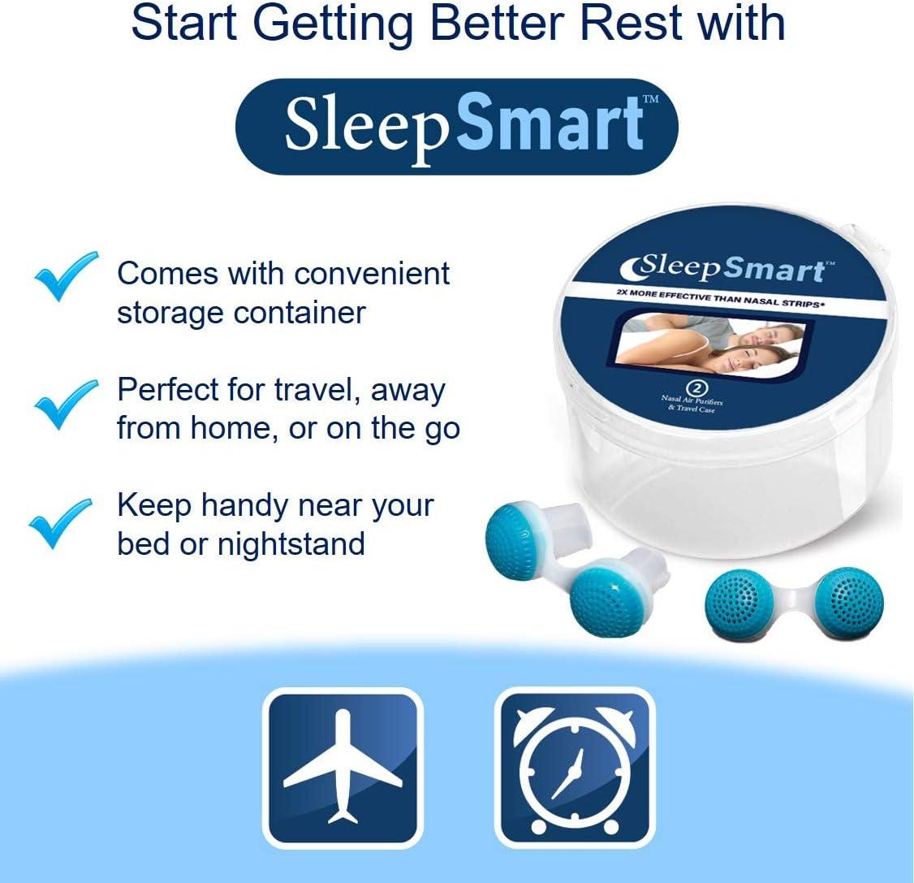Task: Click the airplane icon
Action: point(343,768)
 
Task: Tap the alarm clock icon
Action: point(575,768)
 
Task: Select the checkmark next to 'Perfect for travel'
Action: point(64,403)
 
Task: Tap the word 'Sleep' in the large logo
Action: point(365,127)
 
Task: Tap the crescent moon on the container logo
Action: point(633,265)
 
